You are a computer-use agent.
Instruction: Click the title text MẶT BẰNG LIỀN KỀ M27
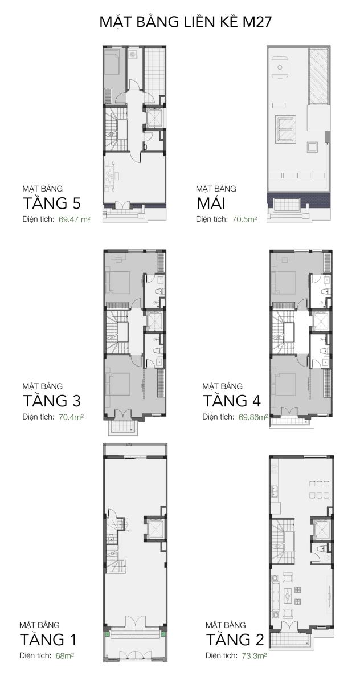(x=185, y=22)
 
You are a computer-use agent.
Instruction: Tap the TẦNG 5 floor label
(x=52, y=203)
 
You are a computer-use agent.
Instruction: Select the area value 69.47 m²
(x=74, y=219)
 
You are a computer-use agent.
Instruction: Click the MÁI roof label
(x=211, y=203)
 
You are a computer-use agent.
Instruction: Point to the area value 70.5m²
(x=244, y=219)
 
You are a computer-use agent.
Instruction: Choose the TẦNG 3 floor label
(x=52, y=401)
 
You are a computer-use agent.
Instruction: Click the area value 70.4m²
(x=71, y=417)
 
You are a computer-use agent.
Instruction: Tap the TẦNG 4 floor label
(x=232, y=401)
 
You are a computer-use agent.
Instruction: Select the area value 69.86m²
(x=253, y=417)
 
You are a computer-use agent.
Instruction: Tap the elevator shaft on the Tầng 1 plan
(x=155, y=528)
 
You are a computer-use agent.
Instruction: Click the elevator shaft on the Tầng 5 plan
(x=155, y=117)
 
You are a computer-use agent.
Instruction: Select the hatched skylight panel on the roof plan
(x=318, y=76)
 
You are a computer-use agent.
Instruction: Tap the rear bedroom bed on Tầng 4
(x=284, y=283)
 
